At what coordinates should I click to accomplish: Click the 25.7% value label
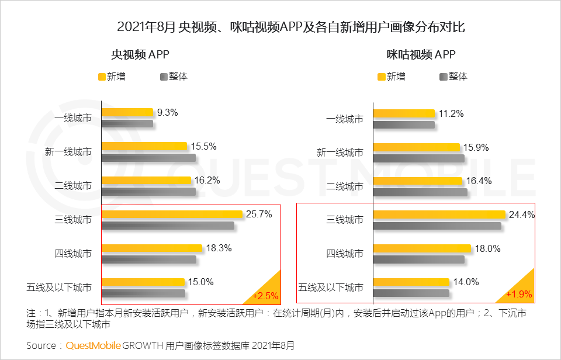(x=259, y=214)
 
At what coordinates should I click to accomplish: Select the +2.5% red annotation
(x=265, y=295)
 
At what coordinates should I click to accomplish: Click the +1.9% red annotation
(x=519, y=294)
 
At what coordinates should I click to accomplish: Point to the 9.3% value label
(x=167, y=113)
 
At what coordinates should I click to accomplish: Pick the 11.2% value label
(x=451, y=114)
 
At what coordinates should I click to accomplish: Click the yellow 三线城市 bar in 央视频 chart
(x=172, y=214)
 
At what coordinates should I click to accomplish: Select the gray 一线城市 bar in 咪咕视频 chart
(x=404, y=124)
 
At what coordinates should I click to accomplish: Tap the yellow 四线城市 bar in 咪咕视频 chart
(x=421, y=248)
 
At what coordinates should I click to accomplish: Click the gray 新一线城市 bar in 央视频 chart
(x=148, y=158)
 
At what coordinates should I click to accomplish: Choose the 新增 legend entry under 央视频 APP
(x=112, y=77)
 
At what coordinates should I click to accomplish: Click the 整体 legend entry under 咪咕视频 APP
(x=453, y=77)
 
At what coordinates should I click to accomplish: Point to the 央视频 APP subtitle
(x=140, y=55)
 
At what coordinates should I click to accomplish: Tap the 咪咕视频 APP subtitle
(x=421, y=55)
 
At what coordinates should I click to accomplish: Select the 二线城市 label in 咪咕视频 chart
(x=344, y=186)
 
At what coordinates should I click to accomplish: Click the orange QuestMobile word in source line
(x=93, y=345)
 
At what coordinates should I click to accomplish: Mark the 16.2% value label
(x=207, y=181)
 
